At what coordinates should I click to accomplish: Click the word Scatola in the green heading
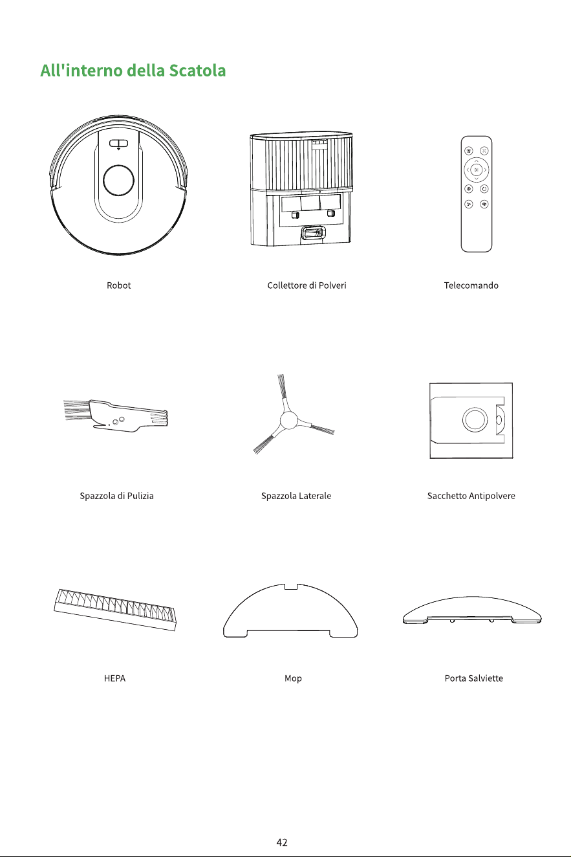197,71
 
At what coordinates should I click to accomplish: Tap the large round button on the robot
118,180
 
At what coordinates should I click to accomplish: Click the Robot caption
118,285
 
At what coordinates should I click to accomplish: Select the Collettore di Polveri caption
307,285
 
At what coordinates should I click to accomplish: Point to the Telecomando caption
471,285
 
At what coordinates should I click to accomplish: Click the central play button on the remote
476,170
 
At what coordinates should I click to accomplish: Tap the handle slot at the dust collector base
313,232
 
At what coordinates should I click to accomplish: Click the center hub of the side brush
288,421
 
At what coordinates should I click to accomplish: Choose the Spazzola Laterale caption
296,496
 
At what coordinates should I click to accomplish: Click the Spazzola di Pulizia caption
116,496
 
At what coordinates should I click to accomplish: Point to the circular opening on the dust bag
475,419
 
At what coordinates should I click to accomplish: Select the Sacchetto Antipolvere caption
471,496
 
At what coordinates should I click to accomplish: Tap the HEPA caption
114,678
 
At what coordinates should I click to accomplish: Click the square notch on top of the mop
291,586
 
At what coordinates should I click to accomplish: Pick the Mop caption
293,678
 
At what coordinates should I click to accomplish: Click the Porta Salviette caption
473,678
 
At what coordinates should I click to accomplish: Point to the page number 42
282,842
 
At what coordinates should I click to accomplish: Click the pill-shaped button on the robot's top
118,144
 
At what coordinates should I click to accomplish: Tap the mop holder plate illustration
472,610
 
